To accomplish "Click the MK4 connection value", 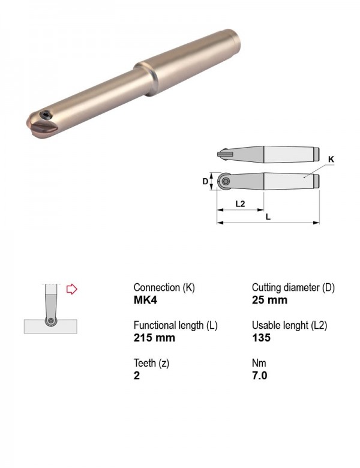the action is click(x=145, y=299).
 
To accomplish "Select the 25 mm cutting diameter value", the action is click(x=269, y=299).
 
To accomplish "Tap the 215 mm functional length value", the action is click(x=154, y=338).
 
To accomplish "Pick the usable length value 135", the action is click(x=261, y=338).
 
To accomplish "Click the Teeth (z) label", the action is click(x=151, y=363).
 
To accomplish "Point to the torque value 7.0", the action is click(x=259, y=375).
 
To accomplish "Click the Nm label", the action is click(x=259, y=363).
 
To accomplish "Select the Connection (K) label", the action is click(x=164, y=288).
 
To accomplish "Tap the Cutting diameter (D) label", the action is click(x=293, y=288).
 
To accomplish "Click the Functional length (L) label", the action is click(x=176, y=325).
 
